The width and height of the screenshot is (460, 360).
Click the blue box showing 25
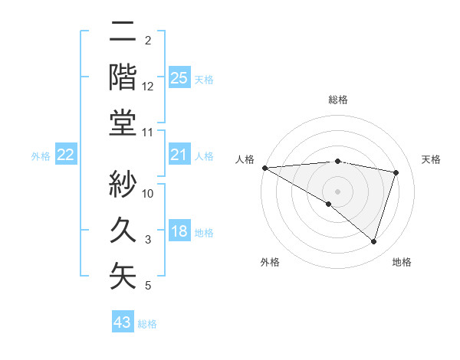tap(179, 77)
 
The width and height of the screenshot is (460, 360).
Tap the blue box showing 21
tap(179, 155)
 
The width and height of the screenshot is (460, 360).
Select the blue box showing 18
tap(179, 231)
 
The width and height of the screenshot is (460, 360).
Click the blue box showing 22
tap(65, 155)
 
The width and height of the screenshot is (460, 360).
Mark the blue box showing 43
tap(123, 322)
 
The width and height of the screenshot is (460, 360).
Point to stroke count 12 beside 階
tap(148, 87)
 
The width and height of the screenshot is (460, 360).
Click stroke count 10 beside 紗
tap(148, 194)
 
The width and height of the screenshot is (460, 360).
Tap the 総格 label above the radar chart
tap(337, 100)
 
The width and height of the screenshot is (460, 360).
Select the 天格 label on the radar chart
tap(431, 159)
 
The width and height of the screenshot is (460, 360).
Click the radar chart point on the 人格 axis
tap(264, 167)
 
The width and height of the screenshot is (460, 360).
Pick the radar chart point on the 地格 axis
tap(373, 242)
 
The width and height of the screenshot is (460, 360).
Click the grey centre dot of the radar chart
tap(337, 190)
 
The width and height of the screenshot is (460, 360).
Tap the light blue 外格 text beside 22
tap(41, 156)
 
